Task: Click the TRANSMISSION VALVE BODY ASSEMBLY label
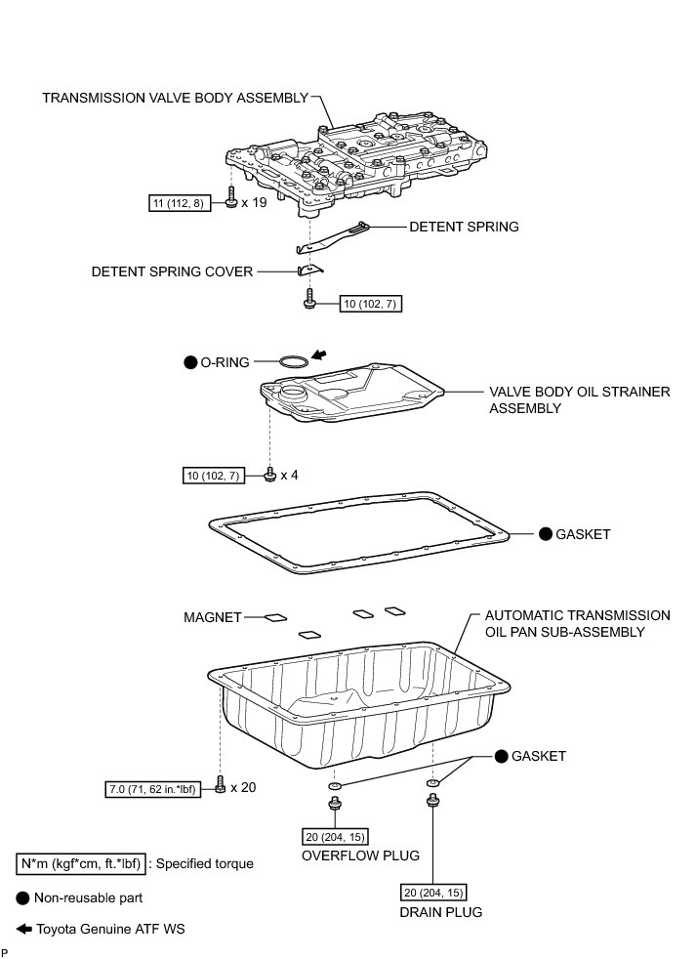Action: click(175, 98)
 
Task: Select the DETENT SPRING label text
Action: click(464, 227)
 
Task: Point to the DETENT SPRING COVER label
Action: click(172, 271)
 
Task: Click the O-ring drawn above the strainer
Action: click(292, 362)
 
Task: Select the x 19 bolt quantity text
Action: click(255, 203)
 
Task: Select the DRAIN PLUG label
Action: click(441, 912)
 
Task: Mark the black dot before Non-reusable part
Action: click(23, 896)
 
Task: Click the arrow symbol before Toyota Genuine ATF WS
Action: click(23, 929)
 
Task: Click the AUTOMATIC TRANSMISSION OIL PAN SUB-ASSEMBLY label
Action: click(578, 623)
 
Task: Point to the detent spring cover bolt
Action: click(308, 298)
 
